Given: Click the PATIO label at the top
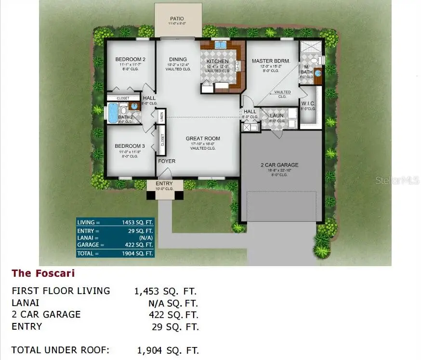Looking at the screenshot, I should click(176, 19).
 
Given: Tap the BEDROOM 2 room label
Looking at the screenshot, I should click(130, 60).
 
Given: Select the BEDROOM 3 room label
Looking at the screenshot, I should click(130, 146).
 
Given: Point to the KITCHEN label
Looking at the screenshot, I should click(218, 62).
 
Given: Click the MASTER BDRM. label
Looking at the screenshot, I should click(271, 61).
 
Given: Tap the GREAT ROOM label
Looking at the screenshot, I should click(203, 139).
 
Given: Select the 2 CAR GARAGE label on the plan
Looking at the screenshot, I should click(279, 165).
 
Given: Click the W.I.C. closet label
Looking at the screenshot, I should click(308, 103).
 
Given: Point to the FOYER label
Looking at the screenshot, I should click(167, 161).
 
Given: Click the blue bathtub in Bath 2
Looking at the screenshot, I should click(113, 113).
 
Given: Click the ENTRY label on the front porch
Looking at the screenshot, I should click(164, 184).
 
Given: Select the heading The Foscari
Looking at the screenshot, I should click(43, 273).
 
